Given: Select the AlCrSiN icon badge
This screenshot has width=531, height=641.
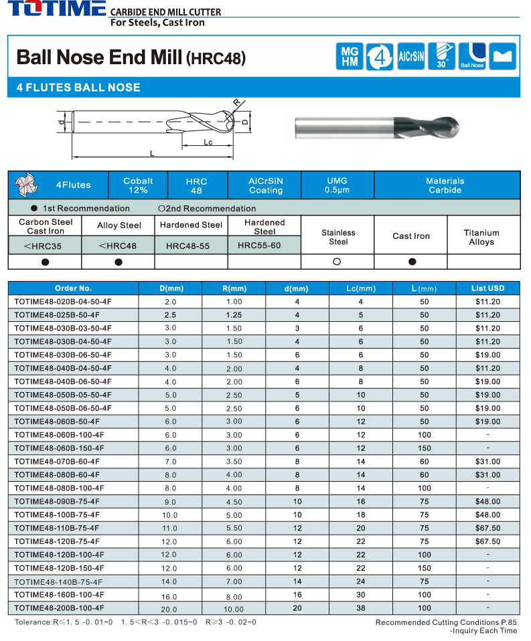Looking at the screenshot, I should tap(410, 56).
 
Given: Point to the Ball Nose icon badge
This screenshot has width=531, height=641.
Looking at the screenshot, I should tap(472, 56).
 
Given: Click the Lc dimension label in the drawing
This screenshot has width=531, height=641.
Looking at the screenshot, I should tap(208, 143).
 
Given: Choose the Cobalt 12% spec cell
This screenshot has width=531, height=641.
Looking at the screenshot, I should tap(138, 185).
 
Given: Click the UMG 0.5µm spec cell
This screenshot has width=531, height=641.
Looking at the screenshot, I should tap(337, 185).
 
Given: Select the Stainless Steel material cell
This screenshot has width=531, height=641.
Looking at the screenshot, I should tap(338, 237).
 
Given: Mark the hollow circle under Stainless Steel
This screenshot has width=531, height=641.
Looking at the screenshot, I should tap(337, 262).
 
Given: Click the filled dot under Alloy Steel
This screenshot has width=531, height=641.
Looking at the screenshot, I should tap(119, 262).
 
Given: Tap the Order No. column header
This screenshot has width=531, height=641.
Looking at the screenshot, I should tap(73, 288).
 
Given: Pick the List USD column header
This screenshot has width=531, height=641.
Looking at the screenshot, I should tap(487, 288).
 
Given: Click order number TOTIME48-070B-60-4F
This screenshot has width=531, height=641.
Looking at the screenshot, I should tap(57, 462).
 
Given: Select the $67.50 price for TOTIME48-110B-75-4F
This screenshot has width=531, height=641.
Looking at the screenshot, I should tap(487, 528).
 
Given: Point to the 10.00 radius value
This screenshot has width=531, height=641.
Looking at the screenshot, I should tap(234, 609).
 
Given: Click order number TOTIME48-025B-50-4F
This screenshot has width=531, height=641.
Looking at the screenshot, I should tap(57, 314).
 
